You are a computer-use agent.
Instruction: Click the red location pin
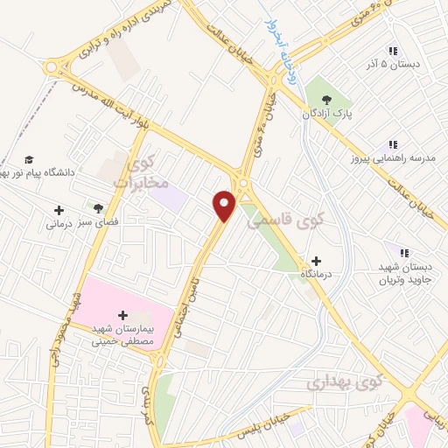point(225,206)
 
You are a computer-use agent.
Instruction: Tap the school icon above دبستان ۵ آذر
point(393,51)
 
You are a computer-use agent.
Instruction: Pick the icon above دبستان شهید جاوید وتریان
point(403,252)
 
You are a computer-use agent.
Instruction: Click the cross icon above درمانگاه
point(316,261)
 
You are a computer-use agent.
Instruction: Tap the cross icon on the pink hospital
point(122,314)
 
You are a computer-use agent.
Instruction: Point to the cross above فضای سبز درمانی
point(59,210)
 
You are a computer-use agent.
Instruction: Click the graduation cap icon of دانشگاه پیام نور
point(29,159)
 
